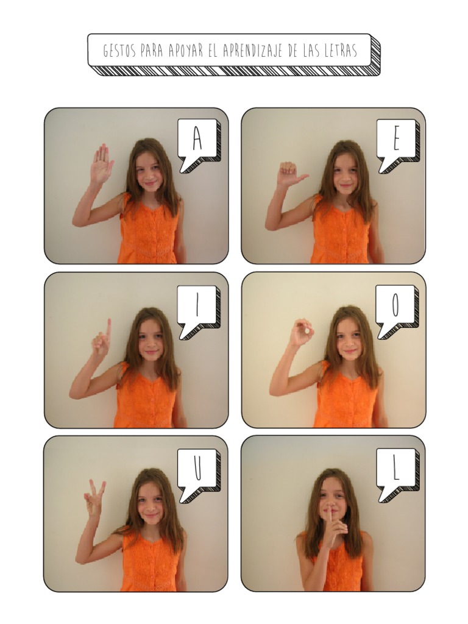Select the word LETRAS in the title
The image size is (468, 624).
click(x=339, y=51)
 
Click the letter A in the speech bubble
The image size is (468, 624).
click(x=197, y=138)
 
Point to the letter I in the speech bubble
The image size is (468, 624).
click(x=197, y=305)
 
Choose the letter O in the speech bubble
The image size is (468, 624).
click(x=395, y=305)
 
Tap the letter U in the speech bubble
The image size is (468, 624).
click(x=198, y=469)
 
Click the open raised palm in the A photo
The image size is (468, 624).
click(x=101, y=163)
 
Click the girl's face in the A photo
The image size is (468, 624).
click(x=148, y=175)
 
